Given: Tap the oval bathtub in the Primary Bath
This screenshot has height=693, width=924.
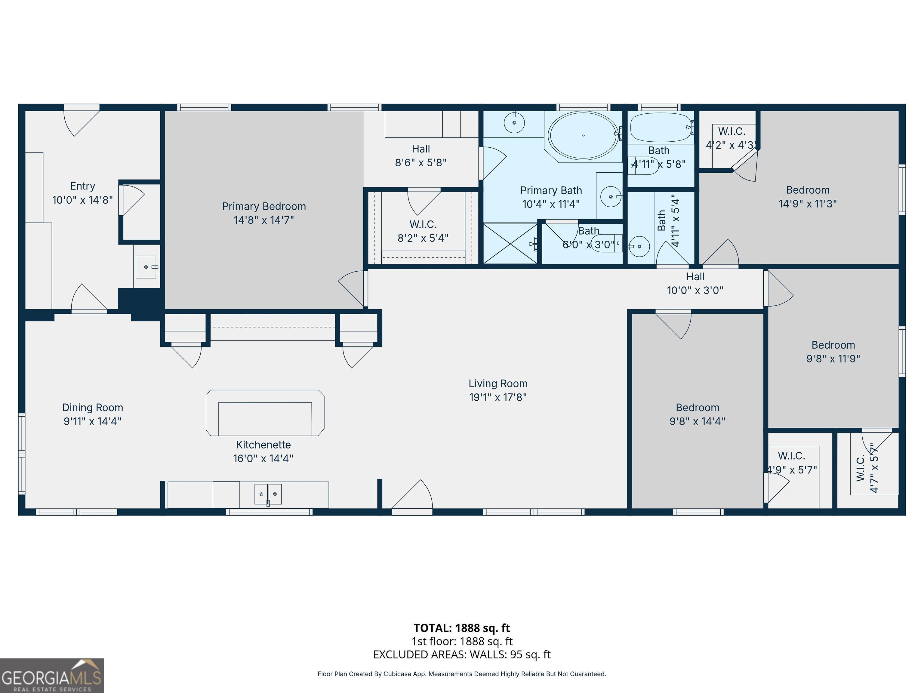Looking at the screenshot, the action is tap(583, 135).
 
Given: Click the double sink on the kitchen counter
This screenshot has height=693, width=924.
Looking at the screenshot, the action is tap(268, 494).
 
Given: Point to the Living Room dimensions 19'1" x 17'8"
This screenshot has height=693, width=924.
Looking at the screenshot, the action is tap(498, 397).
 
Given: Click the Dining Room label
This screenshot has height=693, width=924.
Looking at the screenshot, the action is tap(92, 407).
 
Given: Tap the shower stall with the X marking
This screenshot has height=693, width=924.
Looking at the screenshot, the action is tap(510, 244).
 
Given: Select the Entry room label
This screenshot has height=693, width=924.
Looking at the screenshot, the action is tap(83, 186).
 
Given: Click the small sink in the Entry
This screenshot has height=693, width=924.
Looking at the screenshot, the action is tap(146, 267).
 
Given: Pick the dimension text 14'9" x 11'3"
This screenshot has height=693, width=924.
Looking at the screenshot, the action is tap(808, 204).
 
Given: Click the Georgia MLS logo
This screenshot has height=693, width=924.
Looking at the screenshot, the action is tap(51, 676).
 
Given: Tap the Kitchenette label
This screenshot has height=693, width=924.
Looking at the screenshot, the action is tap(263, 445).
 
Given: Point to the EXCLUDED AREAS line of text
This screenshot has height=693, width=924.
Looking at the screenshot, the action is tap(462, 654).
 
